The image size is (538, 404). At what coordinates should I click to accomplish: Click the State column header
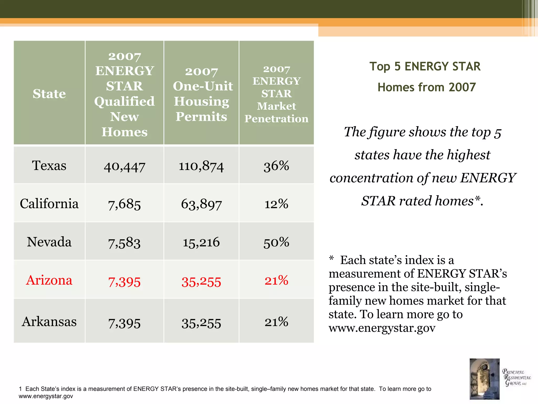49,94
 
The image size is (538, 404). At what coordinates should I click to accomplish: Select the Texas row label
49,165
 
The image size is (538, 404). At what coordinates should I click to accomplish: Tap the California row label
49,204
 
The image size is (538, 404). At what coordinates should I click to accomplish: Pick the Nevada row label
49,242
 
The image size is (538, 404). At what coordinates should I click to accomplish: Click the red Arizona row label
49,280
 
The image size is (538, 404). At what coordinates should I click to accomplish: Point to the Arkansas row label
49,321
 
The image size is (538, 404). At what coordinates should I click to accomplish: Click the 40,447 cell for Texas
125,166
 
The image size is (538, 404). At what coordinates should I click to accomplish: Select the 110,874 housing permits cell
201,166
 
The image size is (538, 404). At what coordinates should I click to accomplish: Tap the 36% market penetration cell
276,166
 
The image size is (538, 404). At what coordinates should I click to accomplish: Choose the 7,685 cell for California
125,204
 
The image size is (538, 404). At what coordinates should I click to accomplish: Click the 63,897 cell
201,204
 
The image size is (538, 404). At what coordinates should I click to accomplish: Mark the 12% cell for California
276,204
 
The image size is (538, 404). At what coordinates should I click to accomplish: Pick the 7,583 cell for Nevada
125,243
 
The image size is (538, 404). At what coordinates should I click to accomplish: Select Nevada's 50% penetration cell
276,242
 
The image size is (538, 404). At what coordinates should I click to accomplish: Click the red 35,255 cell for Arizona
201,282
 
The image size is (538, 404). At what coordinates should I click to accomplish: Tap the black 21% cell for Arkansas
276,322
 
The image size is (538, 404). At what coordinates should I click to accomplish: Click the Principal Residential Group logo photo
484,379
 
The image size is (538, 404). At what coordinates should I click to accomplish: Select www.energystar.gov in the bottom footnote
46,396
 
